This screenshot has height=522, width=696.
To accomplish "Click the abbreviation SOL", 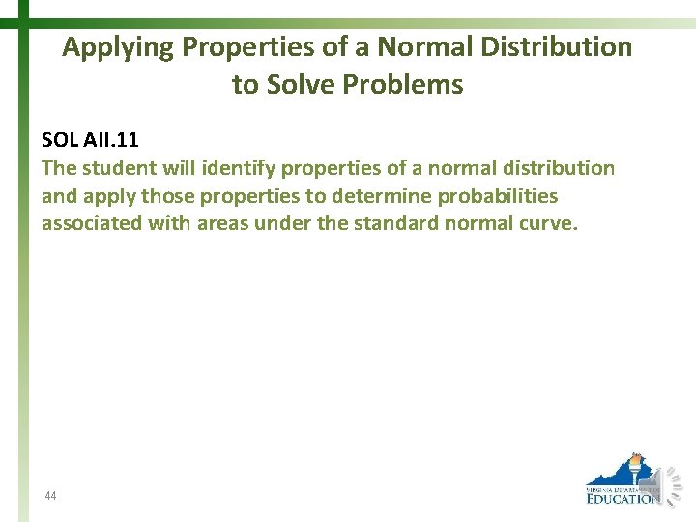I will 58,140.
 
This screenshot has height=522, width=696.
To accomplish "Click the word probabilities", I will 498,196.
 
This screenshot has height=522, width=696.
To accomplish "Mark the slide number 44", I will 50,496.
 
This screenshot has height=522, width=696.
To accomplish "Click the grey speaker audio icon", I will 671,482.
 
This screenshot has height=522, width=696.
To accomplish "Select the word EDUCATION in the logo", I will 622,498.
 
